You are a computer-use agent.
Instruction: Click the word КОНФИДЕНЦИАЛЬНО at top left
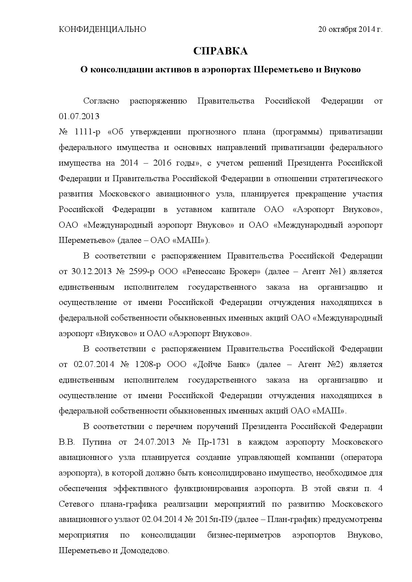click(102, 29)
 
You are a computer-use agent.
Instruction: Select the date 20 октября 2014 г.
click(350, 29)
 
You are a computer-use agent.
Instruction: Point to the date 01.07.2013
click(79, 116)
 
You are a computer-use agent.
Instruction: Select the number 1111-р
click(88, 132)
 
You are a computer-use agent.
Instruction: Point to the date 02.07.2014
click(94, 364)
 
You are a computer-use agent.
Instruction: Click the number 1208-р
click(148, 364)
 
